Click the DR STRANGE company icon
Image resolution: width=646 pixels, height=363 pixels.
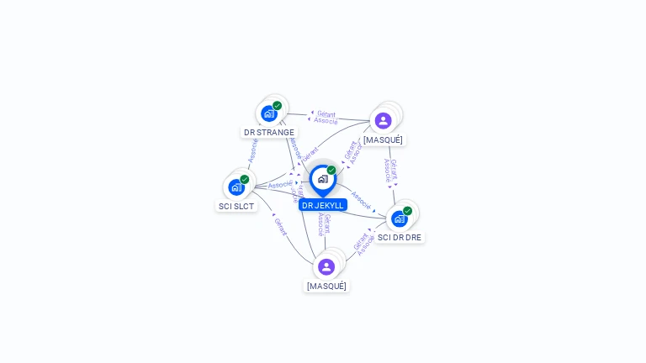tap(269, 113)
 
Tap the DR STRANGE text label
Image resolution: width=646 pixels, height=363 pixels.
tap(269, 132)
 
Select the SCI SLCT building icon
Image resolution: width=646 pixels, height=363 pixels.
tap(236, 187)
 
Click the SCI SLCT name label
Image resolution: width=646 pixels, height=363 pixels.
tap(236, 206)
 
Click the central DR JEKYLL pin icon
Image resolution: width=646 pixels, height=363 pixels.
tap(322, 179)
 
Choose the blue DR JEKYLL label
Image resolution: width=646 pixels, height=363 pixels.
tap(323, 205)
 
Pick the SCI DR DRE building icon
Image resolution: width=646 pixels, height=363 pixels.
tap(400, 218)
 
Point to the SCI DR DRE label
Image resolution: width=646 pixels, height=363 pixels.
tap(400, 237)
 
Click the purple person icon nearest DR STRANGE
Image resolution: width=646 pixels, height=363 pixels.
tap(384, 120)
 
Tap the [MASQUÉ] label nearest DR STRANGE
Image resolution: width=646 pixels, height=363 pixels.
tap(383, 139)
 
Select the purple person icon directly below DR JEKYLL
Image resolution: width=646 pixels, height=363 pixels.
tap(326, 266)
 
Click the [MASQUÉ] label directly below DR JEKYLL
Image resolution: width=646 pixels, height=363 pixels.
tap(326, 286)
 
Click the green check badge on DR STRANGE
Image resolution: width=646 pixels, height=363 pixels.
tap(277, 106)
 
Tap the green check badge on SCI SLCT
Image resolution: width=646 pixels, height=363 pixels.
tap(245, 179)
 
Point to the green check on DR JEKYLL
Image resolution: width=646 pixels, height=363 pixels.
tap(331, 170)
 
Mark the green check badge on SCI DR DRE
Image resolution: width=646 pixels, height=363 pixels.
tap(408, 211)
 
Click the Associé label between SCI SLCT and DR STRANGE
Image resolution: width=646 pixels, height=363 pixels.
tap(252, 150)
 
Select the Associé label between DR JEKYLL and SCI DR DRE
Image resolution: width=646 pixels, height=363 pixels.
tap(361, 200)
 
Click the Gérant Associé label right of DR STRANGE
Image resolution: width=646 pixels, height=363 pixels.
tap(326, 118)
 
